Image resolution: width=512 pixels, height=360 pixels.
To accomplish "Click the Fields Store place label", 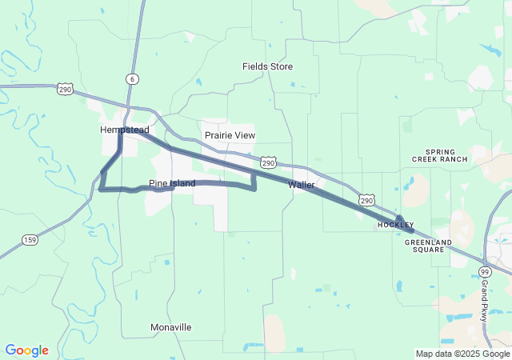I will coord(268,66).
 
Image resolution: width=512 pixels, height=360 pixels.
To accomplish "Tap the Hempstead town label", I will coord(125,130).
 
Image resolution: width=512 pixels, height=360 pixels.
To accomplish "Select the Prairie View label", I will coord(230,135).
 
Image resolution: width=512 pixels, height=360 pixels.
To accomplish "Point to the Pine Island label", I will coord(172,183).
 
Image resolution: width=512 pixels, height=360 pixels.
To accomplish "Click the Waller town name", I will coord(302,185).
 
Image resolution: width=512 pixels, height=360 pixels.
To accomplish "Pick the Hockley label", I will coord(396,226).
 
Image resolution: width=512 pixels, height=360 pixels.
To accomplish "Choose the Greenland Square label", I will coord(429,245).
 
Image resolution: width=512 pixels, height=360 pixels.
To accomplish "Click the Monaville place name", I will coord(171,327).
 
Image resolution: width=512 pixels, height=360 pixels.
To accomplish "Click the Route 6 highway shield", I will coord(131,78).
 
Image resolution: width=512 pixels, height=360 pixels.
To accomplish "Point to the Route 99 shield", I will coord(485,272).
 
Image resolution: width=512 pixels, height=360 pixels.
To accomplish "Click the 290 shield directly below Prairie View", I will coord(269,162).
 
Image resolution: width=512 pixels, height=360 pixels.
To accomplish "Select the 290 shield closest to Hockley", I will coord(366,198).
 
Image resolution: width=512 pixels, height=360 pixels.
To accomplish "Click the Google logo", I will coord(26,350).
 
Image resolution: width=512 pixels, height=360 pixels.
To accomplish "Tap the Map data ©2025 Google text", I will coord(462,354).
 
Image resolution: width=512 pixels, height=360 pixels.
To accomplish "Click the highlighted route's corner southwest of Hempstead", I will coord(101,189).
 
